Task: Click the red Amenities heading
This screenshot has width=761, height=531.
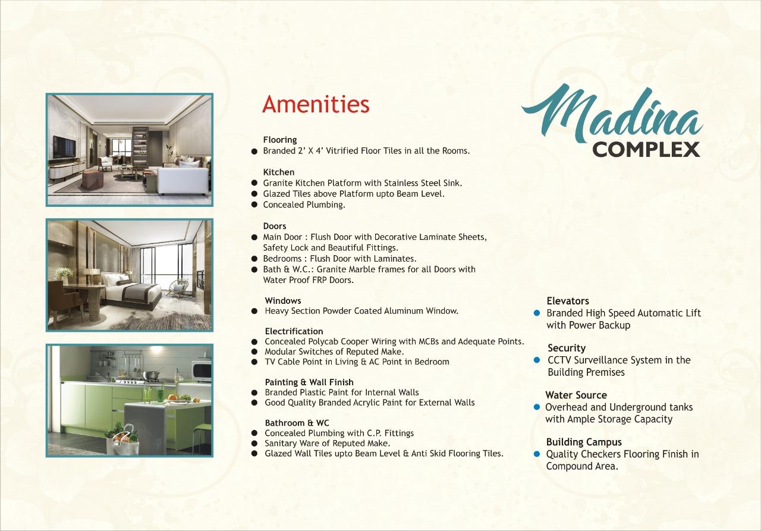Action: pyautogui.click(x=316, y=104)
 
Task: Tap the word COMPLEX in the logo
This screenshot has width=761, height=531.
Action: pyautogui.click(x=646, y=149)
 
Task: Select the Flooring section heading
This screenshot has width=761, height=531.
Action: pyautogui.click(x=280, y=140)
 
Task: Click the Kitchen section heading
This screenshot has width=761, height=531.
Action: pyautogui.click(x=279, y=172)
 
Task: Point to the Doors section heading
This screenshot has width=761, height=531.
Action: pyautogui.click(x=275, y=226)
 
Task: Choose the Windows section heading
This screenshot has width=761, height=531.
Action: pyautogui.click(x=283, y=301)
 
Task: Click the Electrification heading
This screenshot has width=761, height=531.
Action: pyautogui.click(x=294, y=331)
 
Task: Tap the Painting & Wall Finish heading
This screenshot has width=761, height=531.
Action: pyautogui.click(x=309, y=382)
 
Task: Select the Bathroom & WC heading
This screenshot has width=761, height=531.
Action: pyautogui.click(x=297, y=423)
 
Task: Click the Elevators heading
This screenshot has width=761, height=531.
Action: pyautogui.click(x=568, y=301)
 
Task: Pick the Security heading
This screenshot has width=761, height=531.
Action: pyautogui.click(x=567, y=348)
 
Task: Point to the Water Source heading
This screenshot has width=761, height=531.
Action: pyautogui.click(x=576, y=395)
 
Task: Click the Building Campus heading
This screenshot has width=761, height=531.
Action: pyautogui.click(x=584, y=442)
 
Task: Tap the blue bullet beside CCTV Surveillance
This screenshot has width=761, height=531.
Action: pyautogui.click(x=537, y=360)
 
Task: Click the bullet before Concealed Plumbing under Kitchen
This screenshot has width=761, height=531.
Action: pyautogui.click(x=254, y=205)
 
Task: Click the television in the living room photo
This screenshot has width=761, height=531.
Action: pyautogui.click(x=64, y=147)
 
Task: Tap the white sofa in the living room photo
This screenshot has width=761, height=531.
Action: pyautogui.click(x=184, y=180)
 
